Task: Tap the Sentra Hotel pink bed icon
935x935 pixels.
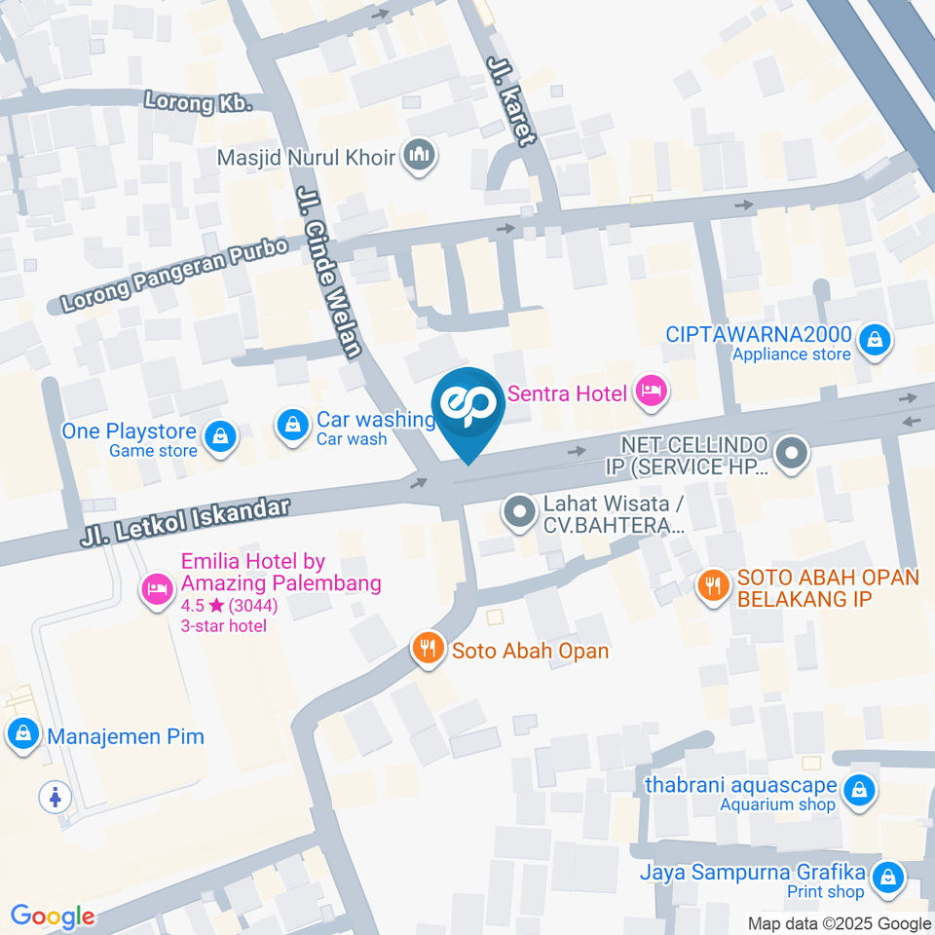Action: click(x=650, y=392)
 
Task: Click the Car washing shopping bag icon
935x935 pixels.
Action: click(x=291, y=425)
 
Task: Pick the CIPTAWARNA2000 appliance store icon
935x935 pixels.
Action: click(x=876, y=340)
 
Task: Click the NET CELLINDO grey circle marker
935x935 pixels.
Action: click(x=792, y=452)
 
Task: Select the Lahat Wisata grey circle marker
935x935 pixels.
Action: click(x=519, y=510)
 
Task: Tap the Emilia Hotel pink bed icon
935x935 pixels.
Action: click(x=156, y=588)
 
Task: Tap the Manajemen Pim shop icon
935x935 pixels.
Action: click(x=22, y=735)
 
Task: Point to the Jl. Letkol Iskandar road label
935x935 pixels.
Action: click(x=186, y=523)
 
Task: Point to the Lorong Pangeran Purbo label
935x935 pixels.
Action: click(x=175, y=276)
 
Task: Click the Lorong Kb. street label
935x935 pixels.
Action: click(x=198, y=100)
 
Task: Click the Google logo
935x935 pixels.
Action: click(x=53, y=916)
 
